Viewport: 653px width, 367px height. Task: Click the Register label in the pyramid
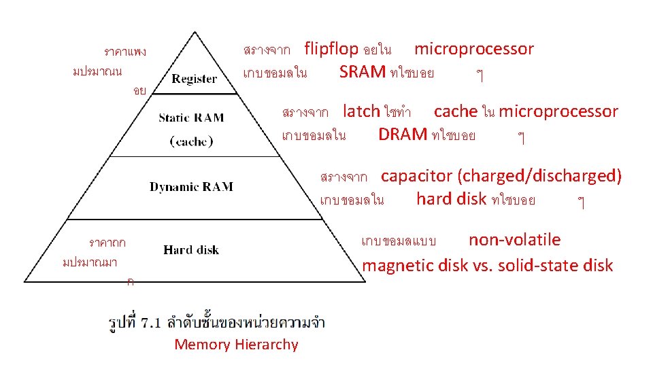195,79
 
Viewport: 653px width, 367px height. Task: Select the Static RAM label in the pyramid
190,118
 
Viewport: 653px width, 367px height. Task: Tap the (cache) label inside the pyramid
191,141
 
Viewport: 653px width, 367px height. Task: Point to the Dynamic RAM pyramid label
191,187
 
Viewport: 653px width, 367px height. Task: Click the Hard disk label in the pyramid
191,250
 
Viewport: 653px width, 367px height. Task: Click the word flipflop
331,49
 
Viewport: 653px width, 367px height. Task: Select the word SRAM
363,72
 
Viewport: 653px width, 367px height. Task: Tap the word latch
361,111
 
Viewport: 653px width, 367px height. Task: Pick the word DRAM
403,135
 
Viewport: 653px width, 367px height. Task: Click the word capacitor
416,176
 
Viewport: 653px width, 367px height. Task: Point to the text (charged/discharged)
539,176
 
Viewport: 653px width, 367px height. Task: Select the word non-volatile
514,240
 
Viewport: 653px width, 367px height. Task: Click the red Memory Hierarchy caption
236,345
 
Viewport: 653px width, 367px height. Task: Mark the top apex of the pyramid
195,32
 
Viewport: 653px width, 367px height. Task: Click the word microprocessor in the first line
474,49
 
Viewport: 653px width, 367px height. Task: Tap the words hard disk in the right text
452,199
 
